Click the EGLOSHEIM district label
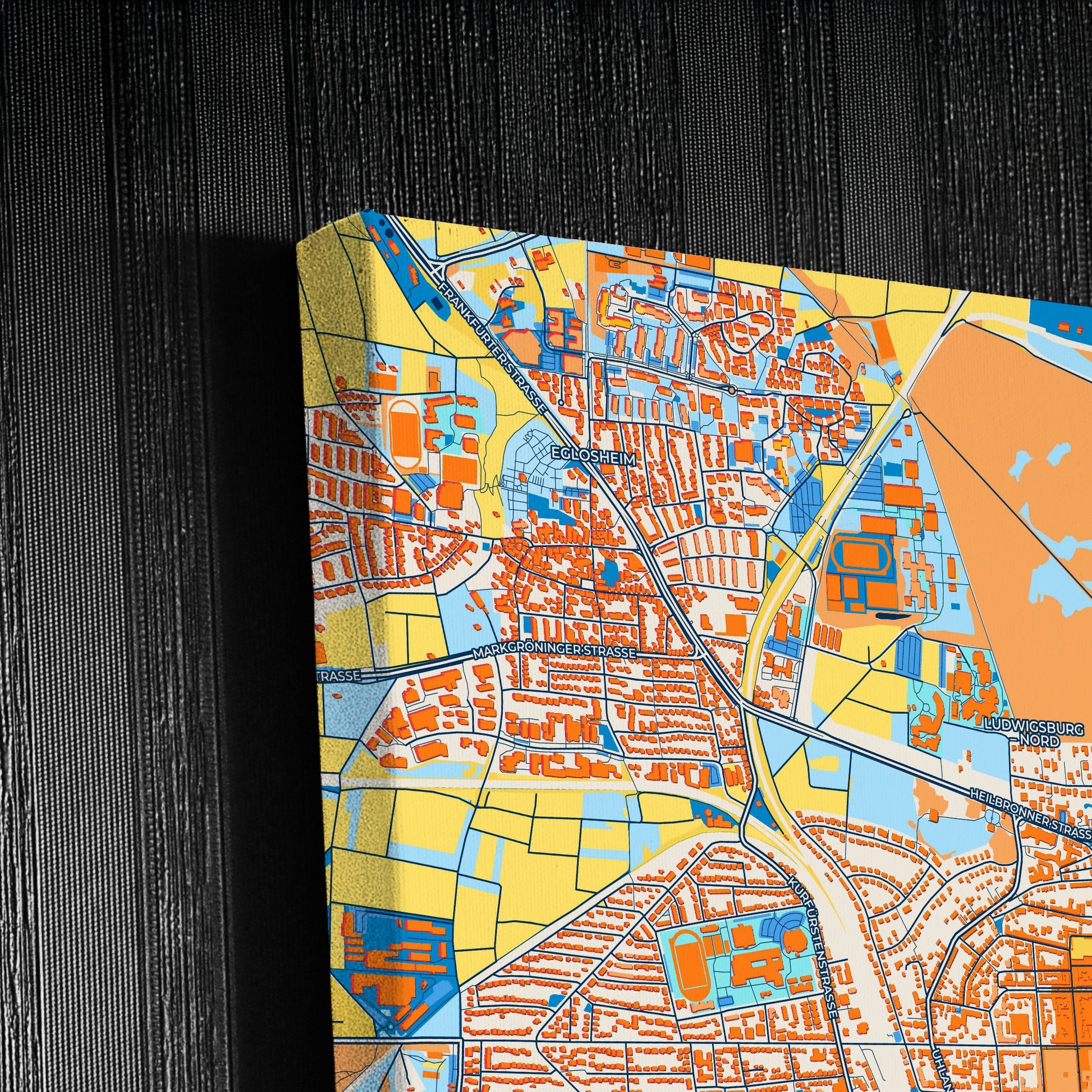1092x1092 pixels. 593,456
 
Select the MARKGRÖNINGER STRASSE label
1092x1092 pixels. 554,653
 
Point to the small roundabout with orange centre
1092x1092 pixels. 731,390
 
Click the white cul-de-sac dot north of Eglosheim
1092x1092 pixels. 560,402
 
